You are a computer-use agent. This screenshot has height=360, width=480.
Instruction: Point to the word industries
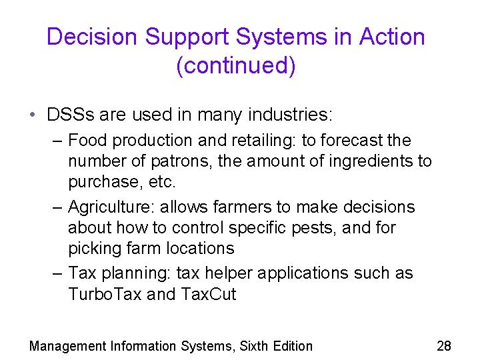tap(289, 115)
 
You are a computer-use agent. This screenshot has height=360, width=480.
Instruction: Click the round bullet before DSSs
tap(33, 115)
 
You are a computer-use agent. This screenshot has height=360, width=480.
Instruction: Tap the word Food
tap(85, 141)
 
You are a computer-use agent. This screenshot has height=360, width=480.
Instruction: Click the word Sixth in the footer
tap(255, 346)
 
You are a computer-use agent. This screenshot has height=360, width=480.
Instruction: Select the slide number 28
tap(444, 345)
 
